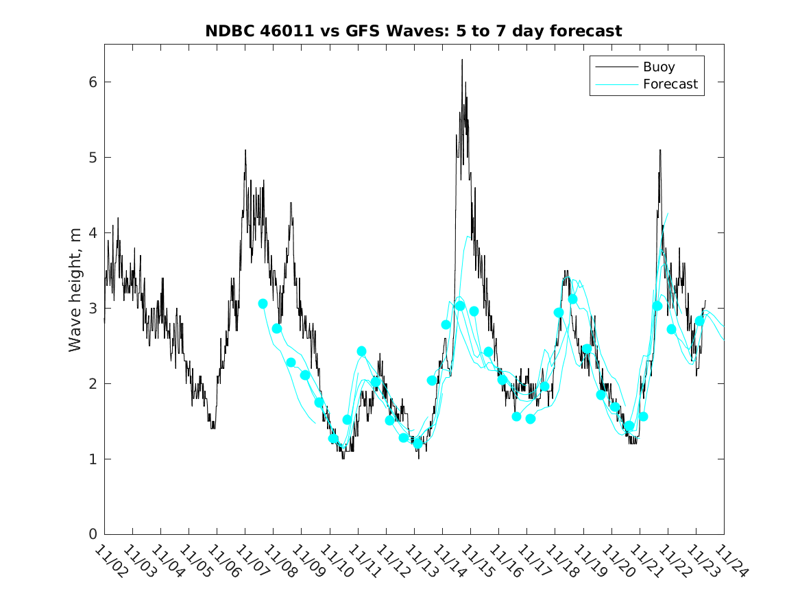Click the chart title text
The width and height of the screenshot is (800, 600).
tap(413, 31)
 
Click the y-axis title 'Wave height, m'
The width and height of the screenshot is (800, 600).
tap(75, 290)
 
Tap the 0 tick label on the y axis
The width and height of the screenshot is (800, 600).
tap(91, 534)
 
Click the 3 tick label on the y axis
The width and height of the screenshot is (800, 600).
tap(91, 309)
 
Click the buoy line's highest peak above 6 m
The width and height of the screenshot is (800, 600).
tap(462, 60)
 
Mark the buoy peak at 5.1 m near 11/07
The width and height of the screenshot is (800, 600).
tap(245, 150)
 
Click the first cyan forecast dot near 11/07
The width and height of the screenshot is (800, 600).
tap(263, 303)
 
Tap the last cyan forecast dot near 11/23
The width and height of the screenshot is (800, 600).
tap(700, 321)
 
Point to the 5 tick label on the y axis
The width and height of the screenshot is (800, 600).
tap(91, 158)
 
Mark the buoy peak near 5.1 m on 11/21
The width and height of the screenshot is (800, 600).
tap(660, 150)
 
